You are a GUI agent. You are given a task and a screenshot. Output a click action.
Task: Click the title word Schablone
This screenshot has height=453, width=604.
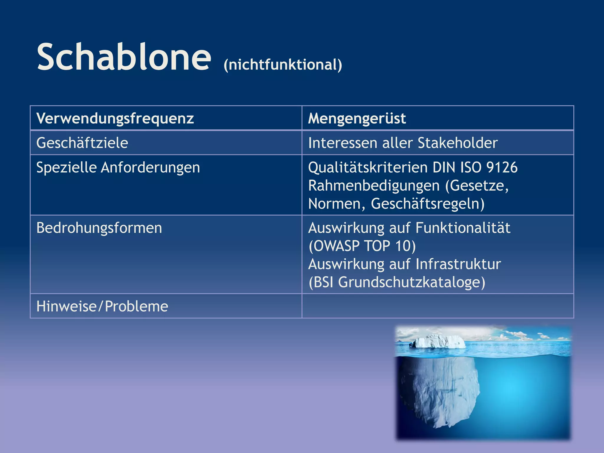click(124, 57)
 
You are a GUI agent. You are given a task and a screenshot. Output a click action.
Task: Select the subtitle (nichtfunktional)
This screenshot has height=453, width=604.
click(283, 65)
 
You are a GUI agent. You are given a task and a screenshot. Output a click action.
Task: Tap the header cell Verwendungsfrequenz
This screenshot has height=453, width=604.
click(115, 118)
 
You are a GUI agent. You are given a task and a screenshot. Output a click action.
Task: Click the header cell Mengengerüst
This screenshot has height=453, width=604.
click(357, 118)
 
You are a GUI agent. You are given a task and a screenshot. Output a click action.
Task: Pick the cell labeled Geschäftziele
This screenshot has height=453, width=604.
click(82, 143)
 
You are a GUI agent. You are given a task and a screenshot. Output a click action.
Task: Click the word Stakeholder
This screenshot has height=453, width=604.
click(457, 143)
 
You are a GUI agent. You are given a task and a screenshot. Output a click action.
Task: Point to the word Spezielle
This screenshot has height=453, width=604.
click(66, 168)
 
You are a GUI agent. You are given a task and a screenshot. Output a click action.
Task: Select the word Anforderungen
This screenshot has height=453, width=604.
click(150, 168)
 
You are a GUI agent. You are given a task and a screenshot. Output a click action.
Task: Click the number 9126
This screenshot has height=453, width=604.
click(502, 168)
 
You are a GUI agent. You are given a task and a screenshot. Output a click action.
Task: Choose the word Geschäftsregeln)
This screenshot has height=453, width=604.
click(427, 204)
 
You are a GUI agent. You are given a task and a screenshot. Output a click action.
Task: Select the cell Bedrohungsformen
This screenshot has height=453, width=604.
click(99, 228)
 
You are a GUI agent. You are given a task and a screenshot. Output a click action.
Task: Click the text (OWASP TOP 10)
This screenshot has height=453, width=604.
click(362, 246)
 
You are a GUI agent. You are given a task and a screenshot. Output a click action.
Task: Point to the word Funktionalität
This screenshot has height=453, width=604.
click(463, 228)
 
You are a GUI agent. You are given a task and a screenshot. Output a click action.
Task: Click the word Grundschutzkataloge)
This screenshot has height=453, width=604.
click(411, 282)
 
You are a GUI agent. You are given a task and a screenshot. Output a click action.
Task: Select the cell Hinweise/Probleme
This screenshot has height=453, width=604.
click(102, 306)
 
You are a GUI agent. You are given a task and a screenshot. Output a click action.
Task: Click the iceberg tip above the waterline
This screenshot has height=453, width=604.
click(439, 342)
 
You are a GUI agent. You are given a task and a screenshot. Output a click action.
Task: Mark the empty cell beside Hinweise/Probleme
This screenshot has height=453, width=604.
click(438, 306)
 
